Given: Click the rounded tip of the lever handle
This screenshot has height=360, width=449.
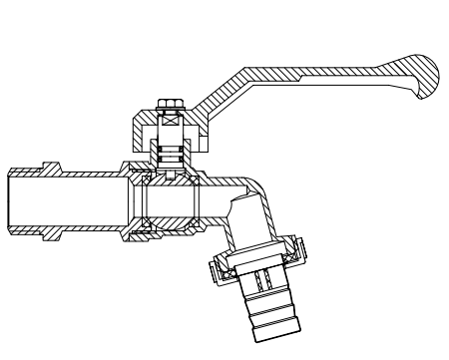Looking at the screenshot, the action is click(423, 81).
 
